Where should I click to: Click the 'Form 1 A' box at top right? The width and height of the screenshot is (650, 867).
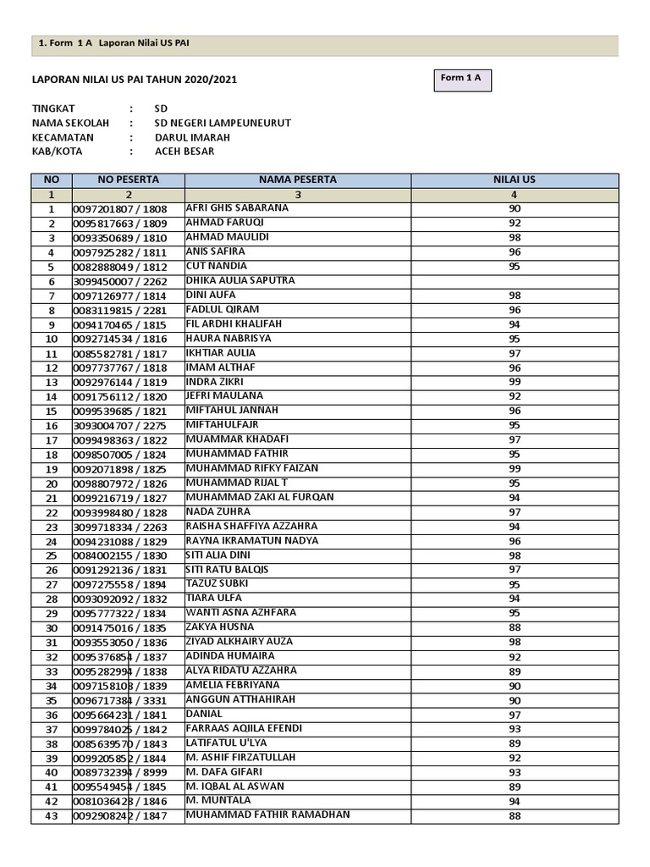coord(460,79)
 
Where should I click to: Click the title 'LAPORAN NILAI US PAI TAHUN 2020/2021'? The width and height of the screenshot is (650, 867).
coord(134,80)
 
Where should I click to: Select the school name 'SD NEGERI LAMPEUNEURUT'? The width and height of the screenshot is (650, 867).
coord(223,123)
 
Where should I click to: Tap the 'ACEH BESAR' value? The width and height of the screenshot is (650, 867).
coord(185,152)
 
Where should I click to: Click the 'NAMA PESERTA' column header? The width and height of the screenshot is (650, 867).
coord(298,180)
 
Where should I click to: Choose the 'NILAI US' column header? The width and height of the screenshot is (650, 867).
coord(515,180)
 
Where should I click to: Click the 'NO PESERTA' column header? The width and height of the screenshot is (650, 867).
coord(128,180)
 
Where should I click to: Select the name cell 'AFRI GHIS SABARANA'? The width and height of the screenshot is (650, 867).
coord(237,208)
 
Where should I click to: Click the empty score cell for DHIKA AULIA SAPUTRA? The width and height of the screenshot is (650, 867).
coord(515,281)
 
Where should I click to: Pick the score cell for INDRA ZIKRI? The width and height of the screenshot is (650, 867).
coord(515,383)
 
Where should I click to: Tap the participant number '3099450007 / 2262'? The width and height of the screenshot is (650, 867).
coord(120,281)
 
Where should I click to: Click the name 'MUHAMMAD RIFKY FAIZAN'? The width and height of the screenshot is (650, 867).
coord(252,468)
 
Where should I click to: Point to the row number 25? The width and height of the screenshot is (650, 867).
coord(52,555)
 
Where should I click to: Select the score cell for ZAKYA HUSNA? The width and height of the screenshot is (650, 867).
coord(515,628)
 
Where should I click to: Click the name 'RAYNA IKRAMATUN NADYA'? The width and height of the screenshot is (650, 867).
coord(252,541)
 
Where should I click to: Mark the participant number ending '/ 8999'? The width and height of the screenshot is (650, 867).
coord(120,773)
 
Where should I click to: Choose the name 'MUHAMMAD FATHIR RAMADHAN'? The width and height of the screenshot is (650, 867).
coord(267,815)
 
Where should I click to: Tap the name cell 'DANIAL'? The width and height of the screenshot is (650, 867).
coord(203,714)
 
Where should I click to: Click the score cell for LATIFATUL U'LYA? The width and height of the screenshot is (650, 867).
coord(515,744)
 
